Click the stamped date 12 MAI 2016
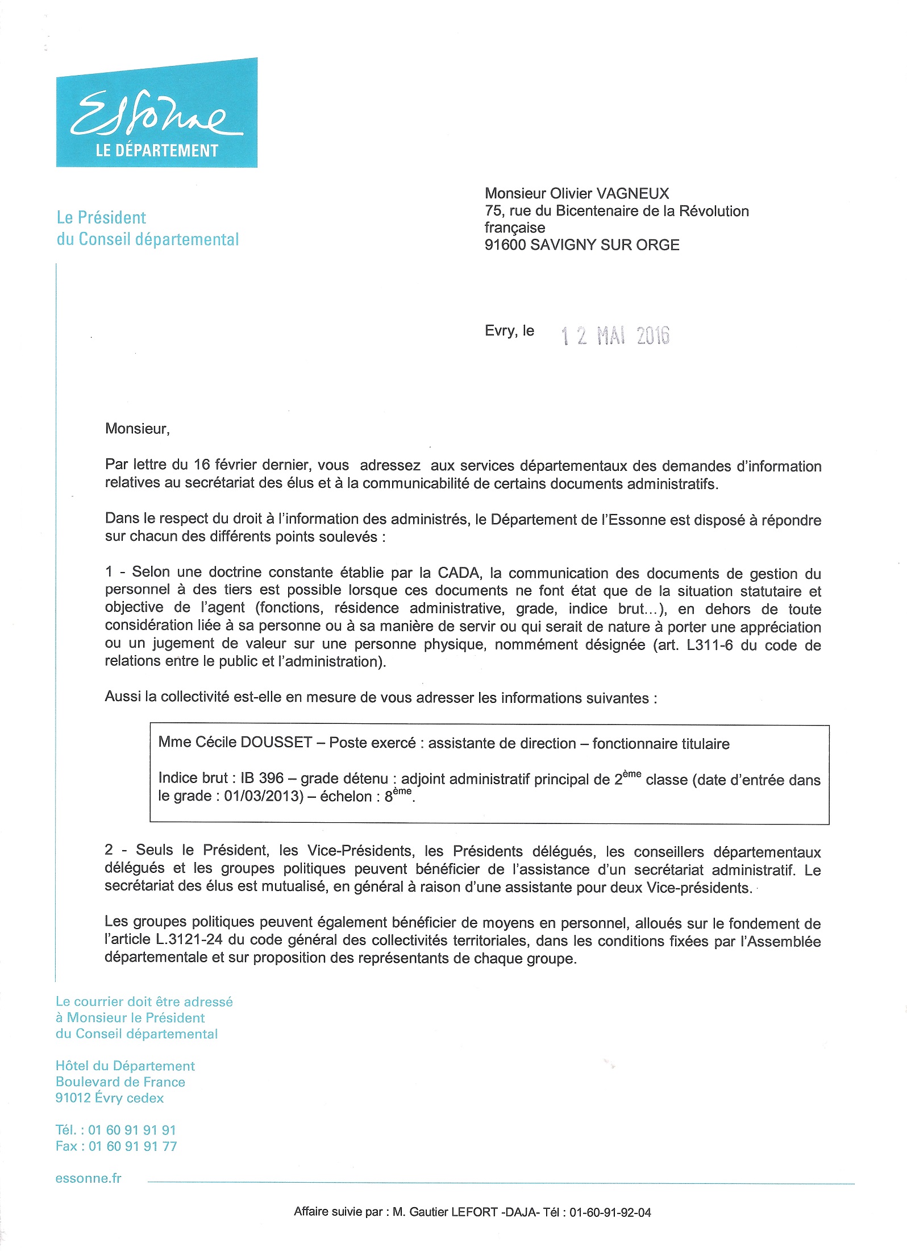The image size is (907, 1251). click(x=615, y=336)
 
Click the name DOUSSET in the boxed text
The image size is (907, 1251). click(x=277, y=743)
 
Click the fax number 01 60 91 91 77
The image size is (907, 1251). click(x=132, y=1146)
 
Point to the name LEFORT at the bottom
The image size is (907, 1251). click(x=475, y=1212)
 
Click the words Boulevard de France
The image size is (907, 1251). click(x=120, y=1082)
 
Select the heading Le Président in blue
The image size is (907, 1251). click(x=102, y=217)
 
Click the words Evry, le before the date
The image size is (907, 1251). click(x=509, y=331)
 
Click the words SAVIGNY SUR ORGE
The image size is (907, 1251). click(x=605, y=245)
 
